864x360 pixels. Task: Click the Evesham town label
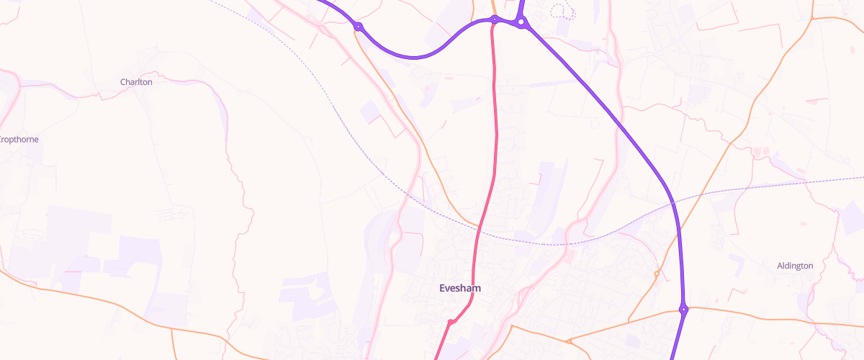(x=460, y=288)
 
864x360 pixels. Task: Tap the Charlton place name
(x=136, y=82)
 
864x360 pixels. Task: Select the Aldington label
(x=795, y=266)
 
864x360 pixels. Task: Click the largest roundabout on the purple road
(x=521, y=23)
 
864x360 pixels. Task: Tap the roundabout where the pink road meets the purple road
(x=495, y=20)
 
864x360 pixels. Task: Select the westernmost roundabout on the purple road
(x=358, y=27)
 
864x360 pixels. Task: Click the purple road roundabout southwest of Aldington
(x=683, y=310)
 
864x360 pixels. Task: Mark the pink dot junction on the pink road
(x=450, y=322)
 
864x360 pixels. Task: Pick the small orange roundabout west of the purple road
(x=657, y=273)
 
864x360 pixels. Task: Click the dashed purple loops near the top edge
(x=562, y=11)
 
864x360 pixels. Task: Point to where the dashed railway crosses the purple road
(x=675, y=202)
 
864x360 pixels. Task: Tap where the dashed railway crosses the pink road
(x=480, y=230)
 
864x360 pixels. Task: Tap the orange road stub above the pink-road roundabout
(x=493, y=7)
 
